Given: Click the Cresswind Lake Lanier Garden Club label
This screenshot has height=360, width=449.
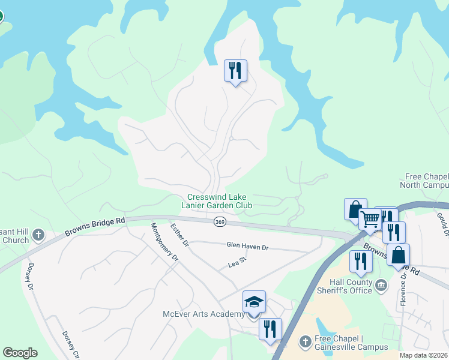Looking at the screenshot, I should point(219,201).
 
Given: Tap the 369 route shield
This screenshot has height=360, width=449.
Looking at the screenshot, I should point(220,223).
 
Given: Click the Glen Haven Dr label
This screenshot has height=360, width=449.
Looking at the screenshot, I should point(247,246).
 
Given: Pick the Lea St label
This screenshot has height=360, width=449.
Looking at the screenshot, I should point(238,262).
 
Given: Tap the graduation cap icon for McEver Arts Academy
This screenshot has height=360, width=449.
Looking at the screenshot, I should point(254,302).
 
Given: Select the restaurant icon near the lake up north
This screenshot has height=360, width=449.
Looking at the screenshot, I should point(235,71).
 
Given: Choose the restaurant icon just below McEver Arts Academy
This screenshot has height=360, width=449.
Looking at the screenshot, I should point(270,329).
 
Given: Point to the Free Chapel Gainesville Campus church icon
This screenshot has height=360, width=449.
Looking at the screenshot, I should point(305,342).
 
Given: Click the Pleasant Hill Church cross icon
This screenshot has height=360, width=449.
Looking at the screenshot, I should point(38,235).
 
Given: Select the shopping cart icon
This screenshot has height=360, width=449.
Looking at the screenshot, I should point(370,220).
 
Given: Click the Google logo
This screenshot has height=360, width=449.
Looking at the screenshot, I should point(20,353).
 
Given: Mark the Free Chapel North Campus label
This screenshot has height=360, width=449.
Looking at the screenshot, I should point(427,181).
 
